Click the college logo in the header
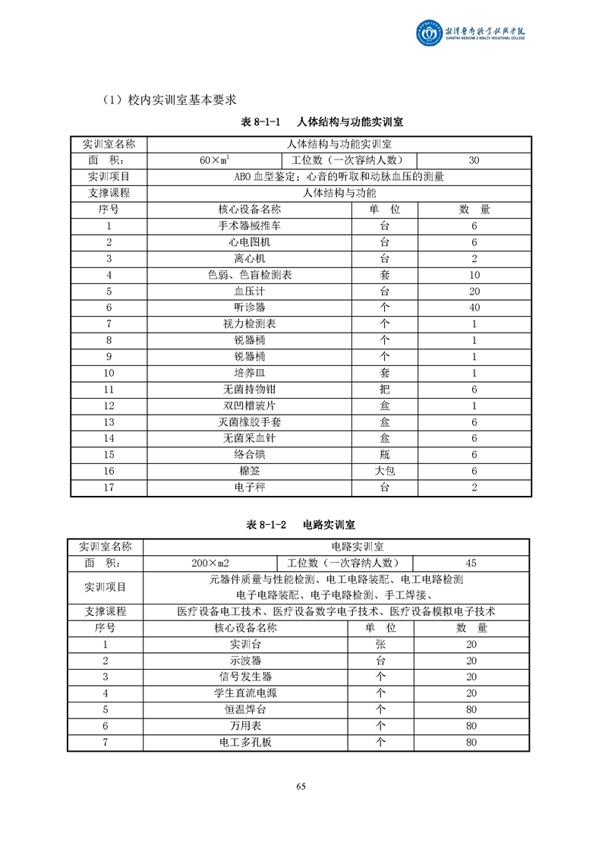(430, 32)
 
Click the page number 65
(301, 787)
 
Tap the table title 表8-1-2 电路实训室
(301, 524)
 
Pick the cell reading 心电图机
(249, 242)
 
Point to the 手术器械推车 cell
(249, 226)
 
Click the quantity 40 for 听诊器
(474, 308)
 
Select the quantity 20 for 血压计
(474, 291)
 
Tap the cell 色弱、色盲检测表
(249, 275)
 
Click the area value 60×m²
(215, 160)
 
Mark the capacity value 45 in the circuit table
(471, 563)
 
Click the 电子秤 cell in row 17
(249, 488)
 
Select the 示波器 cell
(245, 661)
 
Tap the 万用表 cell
(245, 726)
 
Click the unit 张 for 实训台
(380, 644)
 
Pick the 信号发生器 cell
(245, 677)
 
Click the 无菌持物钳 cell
(249, 390)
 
